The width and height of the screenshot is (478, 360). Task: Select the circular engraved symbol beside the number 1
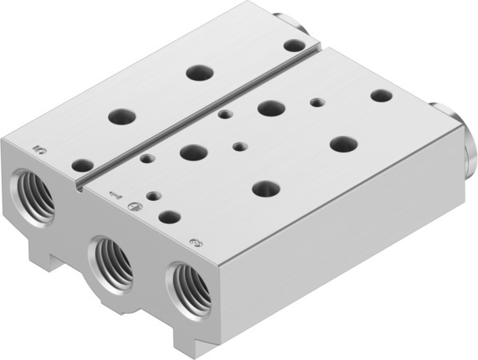(x=134, y=206)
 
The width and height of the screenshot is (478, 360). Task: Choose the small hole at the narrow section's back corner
(x=295, y=46)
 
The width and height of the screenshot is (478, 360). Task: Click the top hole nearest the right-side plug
(x=381, y=95)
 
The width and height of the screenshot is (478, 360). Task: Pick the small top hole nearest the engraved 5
(x=82, y=166)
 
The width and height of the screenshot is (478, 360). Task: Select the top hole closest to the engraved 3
(x=169, y=216)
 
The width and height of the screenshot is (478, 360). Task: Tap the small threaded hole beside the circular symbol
(x=152, y=194)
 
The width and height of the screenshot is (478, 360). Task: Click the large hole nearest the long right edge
(x=343, y=144)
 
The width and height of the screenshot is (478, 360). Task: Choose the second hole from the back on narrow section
(x=200, y=73)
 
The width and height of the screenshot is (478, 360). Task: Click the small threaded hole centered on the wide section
(x=239, y=146)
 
